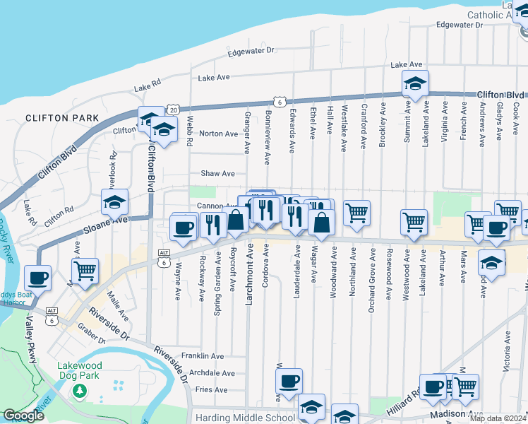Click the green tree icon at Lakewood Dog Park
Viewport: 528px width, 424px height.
[x=80, y=390]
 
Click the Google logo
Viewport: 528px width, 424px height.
[x=23, y=416]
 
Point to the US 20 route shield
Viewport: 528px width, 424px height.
[x=174, y=110]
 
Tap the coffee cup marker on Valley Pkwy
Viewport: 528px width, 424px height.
[x=37, y=277]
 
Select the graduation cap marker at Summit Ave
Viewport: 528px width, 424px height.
[x=415, y=83]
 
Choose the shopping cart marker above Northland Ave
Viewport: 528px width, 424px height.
[x=356, y=212]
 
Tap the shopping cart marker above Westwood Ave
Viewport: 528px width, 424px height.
[x=414, y=221]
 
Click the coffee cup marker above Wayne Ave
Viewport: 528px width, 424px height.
[x=184, y=227]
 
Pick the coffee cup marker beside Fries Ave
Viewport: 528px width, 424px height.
[x=289, y=382]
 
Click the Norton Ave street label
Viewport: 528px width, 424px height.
[x=219, y=134]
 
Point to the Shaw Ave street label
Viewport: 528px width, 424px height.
[x=218, y=173]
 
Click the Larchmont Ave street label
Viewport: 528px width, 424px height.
[x=249, y=274]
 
